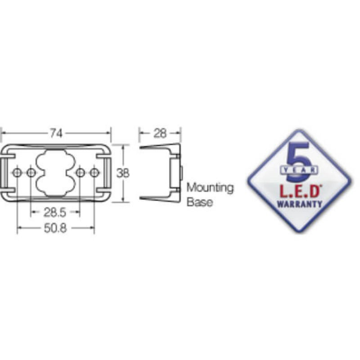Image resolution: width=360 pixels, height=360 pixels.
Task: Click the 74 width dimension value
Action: click(x=56, y=133)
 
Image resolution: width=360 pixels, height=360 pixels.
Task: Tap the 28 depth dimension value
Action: click(x=160, y=133)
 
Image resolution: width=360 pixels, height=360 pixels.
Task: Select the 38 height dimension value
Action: click(x=123, y=173)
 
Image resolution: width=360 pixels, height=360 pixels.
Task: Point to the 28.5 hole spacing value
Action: click(x=54, y=212)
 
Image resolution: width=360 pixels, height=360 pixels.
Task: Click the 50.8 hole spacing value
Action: click(x=55, y=228)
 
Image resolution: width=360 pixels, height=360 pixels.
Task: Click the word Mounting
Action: click(x=210, y=188)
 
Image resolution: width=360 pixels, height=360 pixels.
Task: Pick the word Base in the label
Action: click(x=199, y=202)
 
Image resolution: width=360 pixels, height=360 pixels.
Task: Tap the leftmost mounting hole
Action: click(x=17, y=172)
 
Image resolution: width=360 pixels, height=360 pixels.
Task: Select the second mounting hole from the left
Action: click(x=31, y=172)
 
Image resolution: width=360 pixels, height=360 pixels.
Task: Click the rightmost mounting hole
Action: click(x=94, y=172)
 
